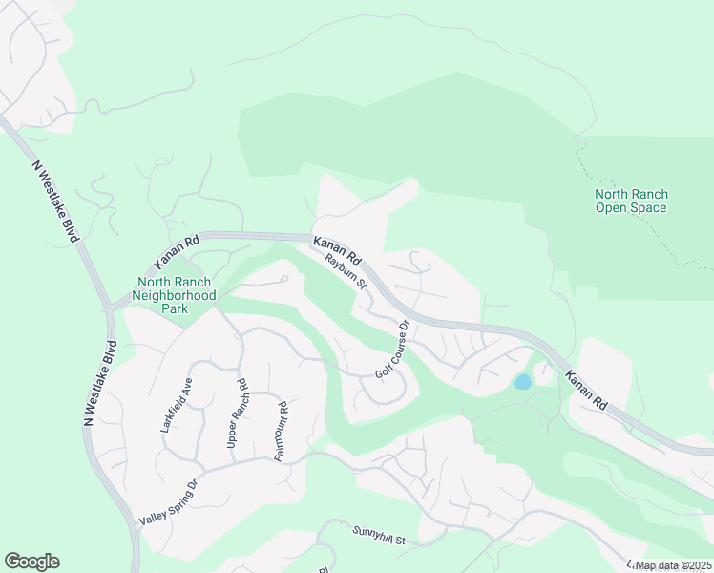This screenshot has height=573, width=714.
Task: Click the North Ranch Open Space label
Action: [631, 201]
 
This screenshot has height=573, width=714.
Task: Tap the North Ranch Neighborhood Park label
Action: [177, 295]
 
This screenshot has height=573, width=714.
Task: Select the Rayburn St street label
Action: [346, 270]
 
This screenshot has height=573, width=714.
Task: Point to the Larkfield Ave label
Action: [177, 406]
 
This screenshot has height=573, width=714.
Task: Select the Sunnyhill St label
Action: [379, 536]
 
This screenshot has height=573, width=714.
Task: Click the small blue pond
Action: [522, 382]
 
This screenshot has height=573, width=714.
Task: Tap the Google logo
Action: [31, 562]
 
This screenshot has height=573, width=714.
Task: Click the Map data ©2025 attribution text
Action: [673, 565]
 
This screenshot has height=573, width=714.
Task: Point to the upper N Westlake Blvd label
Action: [54, 202]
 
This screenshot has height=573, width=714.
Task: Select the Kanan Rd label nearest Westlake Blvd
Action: [178, 253]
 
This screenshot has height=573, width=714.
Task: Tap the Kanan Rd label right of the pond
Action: [585, 391]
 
